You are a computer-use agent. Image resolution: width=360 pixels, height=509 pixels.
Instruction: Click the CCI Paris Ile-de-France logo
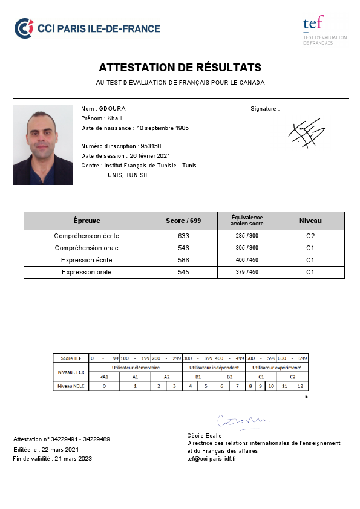pyautogui.click(x=87, y=28)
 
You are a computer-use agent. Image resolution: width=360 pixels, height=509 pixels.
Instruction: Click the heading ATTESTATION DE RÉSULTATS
pyautogui.click(x=180, y=67)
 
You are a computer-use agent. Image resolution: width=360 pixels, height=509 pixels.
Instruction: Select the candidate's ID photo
pyautogui.click(x=42, y=145)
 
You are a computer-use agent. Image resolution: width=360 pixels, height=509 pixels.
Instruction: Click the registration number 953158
pyautogui.click(x=151, y=146)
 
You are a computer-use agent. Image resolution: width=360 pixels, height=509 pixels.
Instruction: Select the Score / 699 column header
pyautogui.click(x=183, y=221)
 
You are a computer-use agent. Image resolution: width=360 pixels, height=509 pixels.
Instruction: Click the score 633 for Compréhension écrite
pyautogui.click(x=183, y=236)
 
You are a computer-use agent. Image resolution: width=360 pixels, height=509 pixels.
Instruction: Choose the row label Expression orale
pyautogui.click(x=87, y=272)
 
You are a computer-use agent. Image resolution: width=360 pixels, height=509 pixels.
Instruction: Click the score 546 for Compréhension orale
pyautogui.click(x=183, y=248)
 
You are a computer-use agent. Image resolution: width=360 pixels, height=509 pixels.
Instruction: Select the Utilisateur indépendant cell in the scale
pyautogui.click(x=214, y=367)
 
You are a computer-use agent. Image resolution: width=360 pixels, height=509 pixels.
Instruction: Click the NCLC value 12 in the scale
pyautogui.click(x=301, y=386)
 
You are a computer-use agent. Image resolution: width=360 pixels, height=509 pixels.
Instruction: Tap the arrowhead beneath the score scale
pyautogui.click(x=306, y=397)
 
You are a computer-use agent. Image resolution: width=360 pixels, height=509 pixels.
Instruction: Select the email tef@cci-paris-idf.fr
pyautogui.click(x=211, y=458)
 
